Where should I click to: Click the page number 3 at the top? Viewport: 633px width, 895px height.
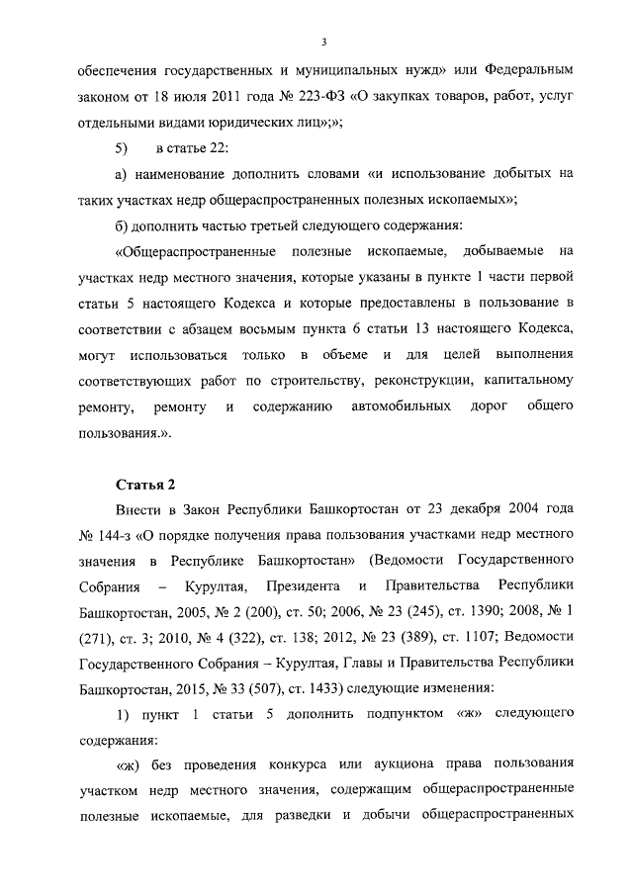point(323,42)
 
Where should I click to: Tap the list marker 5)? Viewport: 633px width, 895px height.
point(123,148)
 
